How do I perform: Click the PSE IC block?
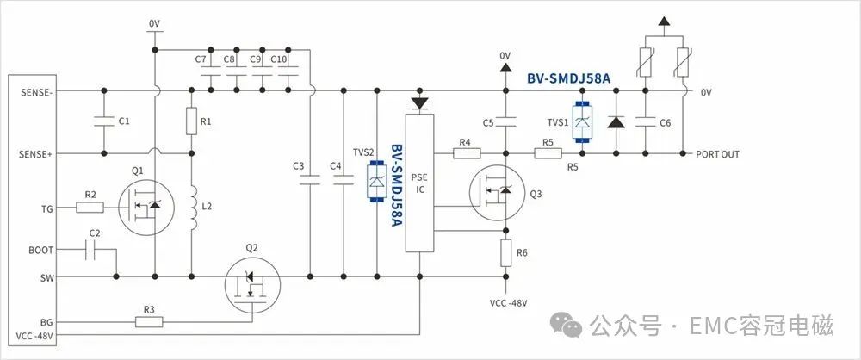419,183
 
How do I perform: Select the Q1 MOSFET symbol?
146,208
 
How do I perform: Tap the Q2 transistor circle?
252,285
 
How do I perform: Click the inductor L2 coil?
194,208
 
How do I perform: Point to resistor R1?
191,121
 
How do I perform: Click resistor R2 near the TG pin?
90,208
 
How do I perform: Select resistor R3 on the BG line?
149,321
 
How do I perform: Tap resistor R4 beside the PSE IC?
467,153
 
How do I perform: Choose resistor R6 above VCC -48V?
505,253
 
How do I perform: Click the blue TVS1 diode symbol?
581,122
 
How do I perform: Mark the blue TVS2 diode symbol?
377,182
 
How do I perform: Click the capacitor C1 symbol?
104,121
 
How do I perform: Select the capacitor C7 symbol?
211,71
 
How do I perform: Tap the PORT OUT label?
717,154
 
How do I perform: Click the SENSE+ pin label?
36,154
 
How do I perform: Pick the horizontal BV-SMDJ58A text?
569,78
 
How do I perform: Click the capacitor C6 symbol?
645,122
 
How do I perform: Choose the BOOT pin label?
41,250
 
